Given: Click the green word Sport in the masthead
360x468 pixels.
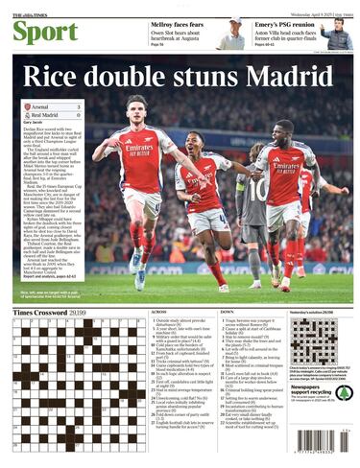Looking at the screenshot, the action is pyautogui.click(x=45, y=32).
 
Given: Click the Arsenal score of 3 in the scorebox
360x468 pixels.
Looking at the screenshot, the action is pyautogui.click(x=77, y=105).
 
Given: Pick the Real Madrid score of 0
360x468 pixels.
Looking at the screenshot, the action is pyautogui.click(x=77, y=114).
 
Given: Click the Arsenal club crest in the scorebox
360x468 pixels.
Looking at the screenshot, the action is pyautogui.click(x=27, y=105).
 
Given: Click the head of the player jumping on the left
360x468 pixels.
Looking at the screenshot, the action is pyautogui.click(x=138, y=105).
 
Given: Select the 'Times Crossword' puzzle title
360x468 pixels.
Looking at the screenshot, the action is pyautogui.click(x=42, y=313).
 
